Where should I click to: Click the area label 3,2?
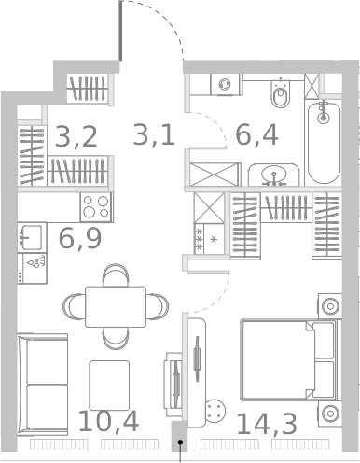(76, 136)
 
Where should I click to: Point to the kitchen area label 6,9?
(80, 238)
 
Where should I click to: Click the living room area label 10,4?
(108, 421)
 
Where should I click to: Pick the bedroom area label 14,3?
(267, 424)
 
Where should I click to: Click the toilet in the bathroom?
(281, 92)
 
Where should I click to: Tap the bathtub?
(324, 142)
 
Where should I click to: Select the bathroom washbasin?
(273, 175)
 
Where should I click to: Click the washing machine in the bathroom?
(226, 84)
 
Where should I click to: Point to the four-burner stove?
(96, 207)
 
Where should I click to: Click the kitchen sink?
(32, 237)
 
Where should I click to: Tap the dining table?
(116, 307)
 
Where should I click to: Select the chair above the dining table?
(116, 275)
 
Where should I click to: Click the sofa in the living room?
(43, 385)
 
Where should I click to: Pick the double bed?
(291, 359)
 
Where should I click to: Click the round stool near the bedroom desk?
(215, 411)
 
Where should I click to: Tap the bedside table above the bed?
(329, 306)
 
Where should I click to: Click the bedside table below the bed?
(329, 414)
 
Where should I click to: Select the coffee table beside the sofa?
(109, 386)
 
